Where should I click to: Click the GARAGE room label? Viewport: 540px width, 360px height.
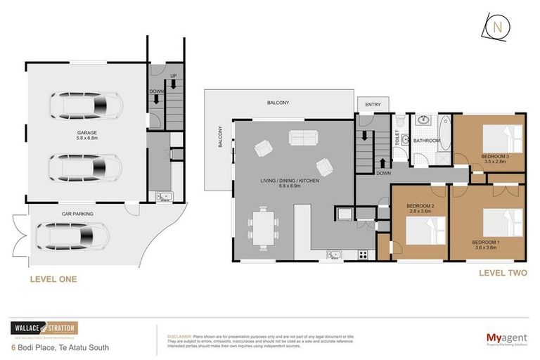click(87, 132)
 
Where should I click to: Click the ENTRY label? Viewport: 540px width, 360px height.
click(373, 105)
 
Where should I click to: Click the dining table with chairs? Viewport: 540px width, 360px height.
click(262, 227)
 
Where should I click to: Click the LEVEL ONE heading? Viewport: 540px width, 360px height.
click(53, 279)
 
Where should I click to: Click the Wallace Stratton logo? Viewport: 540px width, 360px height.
click(44, 328)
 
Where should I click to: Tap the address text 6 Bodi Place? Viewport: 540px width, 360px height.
click(60, 347)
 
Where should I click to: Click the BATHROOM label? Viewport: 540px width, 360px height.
click(426, 141)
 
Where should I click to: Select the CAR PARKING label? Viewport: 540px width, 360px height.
click(77, 213)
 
